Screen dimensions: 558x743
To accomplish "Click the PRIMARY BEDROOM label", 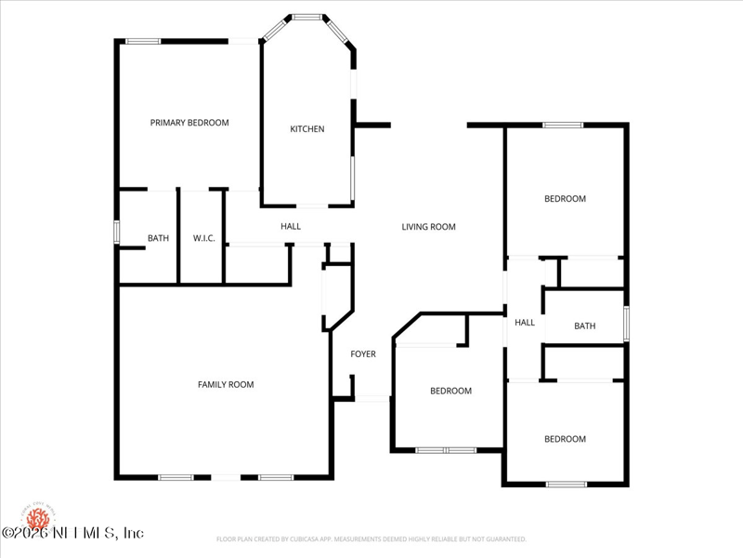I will click(189, 123).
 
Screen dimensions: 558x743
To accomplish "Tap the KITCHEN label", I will click(307, 129).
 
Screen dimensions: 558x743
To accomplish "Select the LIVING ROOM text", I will click(428, 227).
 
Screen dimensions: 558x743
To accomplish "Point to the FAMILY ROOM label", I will click(226, 385).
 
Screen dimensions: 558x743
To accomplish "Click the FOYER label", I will click(363, 354).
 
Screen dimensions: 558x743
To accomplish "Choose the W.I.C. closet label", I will click(204, 239).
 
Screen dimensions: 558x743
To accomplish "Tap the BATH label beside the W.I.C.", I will click(159, 239).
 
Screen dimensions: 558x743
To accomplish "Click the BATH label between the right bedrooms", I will click(585, 326).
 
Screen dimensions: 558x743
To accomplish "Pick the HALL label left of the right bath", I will click(525, 323).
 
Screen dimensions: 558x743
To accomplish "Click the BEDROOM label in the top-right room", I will click(565, 199).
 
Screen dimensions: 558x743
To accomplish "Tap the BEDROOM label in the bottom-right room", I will click(565, 439).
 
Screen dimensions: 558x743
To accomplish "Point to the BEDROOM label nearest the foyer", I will click(450, 392).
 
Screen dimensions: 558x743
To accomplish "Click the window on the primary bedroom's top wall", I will click(143, 41).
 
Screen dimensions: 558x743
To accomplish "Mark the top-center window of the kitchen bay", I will click(307, 17).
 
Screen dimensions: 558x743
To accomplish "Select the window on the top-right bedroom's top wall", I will click(563, 125).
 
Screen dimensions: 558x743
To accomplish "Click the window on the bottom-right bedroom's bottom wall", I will click(566, 484).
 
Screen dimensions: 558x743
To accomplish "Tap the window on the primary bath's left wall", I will click(116, 232).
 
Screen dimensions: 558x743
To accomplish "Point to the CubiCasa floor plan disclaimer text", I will click(371, 539).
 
